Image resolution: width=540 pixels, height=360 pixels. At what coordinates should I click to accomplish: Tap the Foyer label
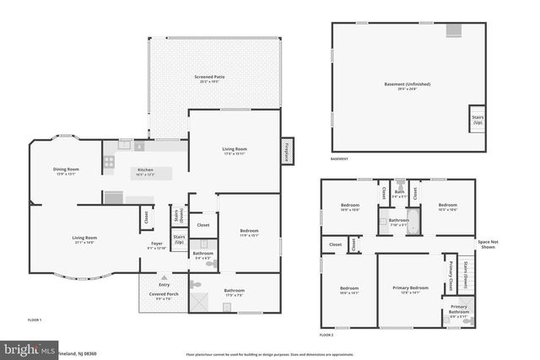click(x=157, y=245)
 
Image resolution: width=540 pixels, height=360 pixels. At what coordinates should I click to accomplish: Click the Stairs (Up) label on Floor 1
click(x=179, y=240)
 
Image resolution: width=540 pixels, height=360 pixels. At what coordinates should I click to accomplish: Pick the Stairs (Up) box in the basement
click(x=478, y=120)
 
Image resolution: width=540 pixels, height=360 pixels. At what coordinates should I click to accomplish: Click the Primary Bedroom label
click(x=410, y=290)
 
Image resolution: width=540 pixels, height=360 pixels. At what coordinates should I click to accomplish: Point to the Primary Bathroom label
click(x=459, y=309)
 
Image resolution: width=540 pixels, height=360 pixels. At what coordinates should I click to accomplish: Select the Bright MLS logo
click(x=27, y=348)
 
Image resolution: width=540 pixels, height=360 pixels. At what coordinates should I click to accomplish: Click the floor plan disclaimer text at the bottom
click(x=270, y=354)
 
